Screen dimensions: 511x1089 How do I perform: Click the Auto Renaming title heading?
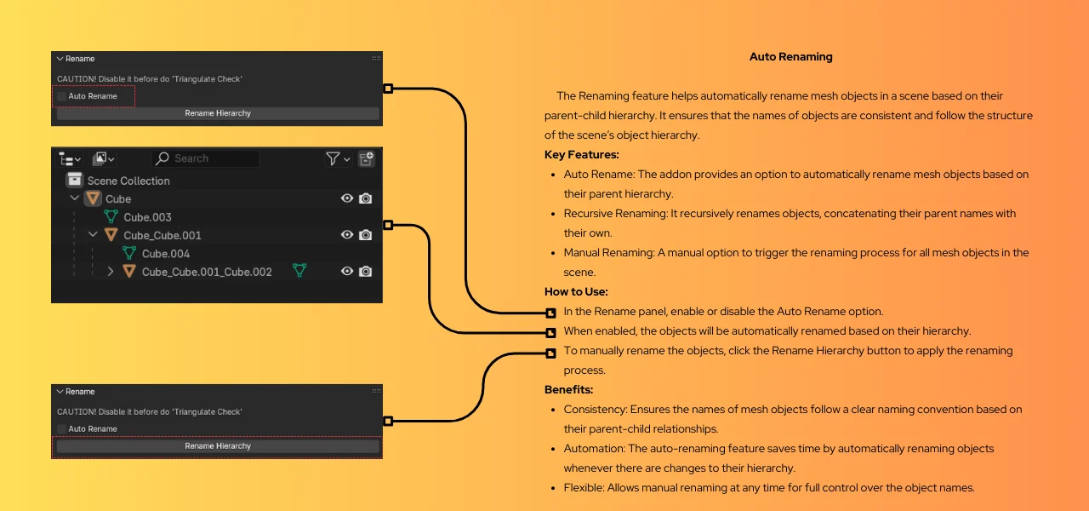pyautogui.click(x=790, y=57)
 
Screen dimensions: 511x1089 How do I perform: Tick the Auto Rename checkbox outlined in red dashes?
pyautogui.click(x=61, y=96)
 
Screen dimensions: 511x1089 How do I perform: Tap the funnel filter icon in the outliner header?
pyautogui.click(x=333, y=158)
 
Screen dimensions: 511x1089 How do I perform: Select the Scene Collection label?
pyautogui.click(x=128, y=181)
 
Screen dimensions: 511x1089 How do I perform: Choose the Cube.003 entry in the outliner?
pyautogui.click(x=147, y=217)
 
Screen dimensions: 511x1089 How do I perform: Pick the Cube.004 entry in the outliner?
pyautogui.click(x=166, y=254)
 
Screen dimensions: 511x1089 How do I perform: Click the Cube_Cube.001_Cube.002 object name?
pyautogui.click(x=207, y=272)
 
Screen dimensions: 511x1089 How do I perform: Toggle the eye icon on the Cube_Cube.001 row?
pyautogui.click(x=347, y=235)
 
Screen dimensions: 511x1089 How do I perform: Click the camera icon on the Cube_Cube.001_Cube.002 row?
pyautogui.click(x=366, y=272)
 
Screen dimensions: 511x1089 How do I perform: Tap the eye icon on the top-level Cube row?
pyautogui.click(x=347, y=198)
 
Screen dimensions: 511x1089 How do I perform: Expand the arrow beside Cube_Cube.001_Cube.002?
pyautogui.click(x=111, y=272)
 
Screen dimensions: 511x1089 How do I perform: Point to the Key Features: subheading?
pyautogui.click(x=581, y=155)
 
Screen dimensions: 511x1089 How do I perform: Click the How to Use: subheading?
pyautogui.click(x=576, y=291)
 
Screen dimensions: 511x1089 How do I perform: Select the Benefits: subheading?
pyautogui.click(x=568, y=389)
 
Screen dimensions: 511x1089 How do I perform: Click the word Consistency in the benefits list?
pyautogui.click(x=593, y=410)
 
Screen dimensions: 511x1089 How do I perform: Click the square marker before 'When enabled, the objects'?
pyautogui.click(x=551, y=332)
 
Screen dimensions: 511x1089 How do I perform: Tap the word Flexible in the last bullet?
pyautogui.click(x=583, y=488)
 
